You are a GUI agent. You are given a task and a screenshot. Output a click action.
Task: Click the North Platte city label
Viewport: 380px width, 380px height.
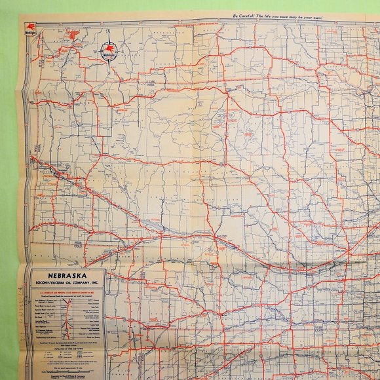216,239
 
